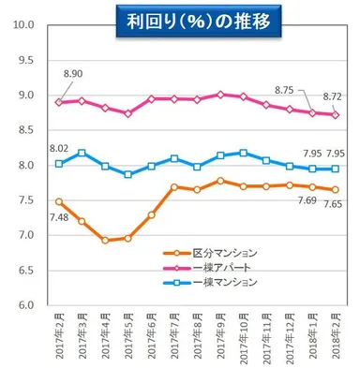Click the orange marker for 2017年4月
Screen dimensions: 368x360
[x=106, y=241]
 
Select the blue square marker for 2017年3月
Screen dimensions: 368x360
[x=82, y=153]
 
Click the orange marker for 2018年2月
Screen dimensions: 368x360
[x=336, y=190]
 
